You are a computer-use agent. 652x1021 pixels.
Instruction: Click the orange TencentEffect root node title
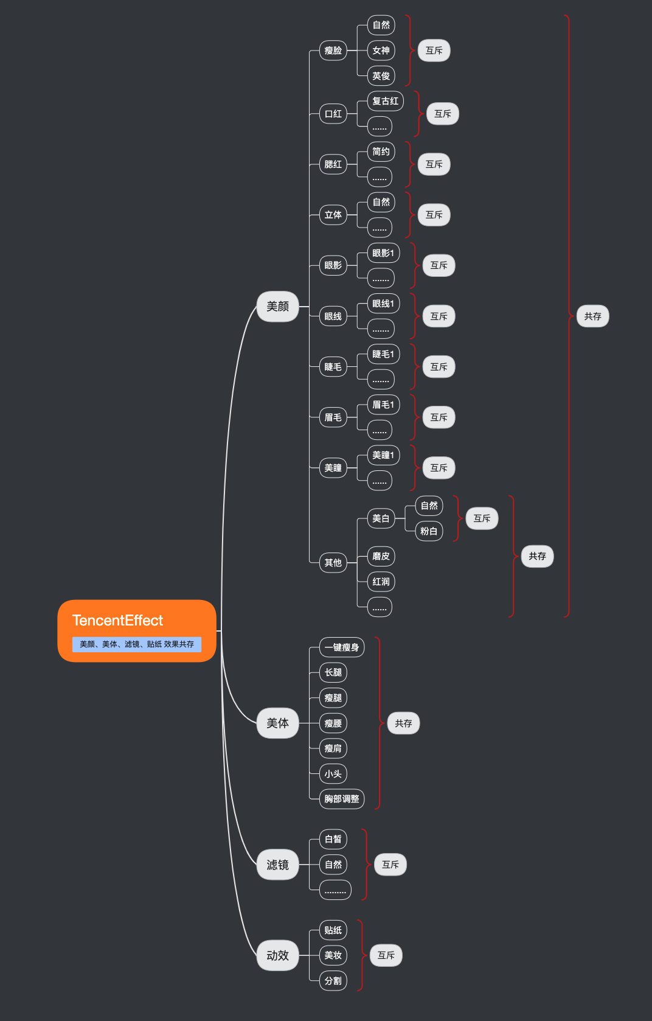coord(117,621)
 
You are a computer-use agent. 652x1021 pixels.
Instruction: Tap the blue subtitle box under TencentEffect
coord(137,644)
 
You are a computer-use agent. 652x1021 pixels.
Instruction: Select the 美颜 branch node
coord(278,307)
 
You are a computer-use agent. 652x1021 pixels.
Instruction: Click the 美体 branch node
coord(278,723)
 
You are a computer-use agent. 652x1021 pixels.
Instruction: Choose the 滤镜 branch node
coord(278,865)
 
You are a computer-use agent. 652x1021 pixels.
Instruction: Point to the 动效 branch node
coord(278,956)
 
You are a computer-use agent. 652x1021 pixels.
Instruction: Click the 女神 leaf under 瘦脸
coord(381,51)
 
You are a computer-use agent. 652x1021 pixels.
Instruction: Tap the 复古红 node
coord(386,101)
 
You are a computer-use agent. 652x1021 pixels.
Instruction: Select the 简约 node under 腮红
coord(381,152)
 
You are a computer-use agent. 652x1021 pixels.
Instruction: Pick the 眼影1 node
coord(383,253)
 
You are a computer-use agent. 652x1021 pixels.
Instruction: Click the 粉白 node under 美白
coord(429,531)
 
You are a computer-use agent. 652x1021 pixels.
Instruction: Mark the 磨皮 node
coord(381,556)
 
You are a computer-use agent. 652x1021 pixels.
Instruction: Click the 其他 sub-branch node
coord(333,563)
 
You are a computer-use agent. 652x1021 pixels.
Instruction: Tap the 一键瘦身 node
coord(342,647)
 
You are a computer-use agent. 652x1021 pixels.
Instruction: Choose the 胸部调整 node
coord(342,799)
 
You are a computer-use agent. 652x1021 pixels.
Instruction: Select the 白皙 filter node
coord(333,839)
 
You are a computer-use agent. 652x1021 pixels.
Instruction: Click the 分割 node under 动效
coord(333,981)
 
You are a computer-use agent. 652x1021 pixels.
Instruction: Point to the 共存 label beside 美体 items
coord(404,723)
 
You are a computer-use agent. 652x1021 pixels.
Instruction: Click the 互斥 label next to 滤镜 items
coord(390,865)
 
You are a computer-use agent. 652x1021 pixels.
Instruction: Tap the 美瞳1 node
coord(383,455)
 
